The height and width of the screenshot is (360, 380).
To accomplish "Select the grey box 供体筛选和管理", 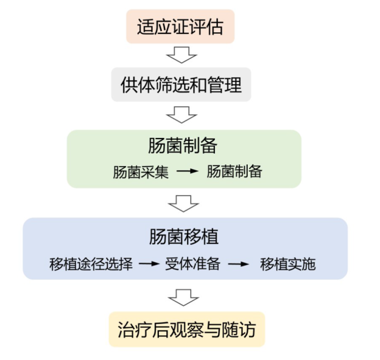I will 181,85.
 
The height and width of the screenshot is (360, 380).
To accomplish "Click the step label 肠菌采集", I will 141,172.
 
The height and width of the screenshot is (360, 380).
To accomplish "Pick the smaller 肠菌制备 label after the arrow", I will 234,172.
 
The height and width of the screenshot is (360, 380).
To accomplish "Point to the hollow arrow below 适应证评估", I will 182,55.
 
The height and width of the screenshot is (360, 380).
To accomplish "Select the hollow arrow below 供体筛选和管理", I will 182,115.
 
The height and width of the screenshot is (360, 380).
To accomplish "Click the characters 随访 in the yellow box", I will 245,328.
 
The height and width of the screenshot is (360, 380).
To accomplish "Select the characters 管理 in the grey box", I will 225,85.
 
